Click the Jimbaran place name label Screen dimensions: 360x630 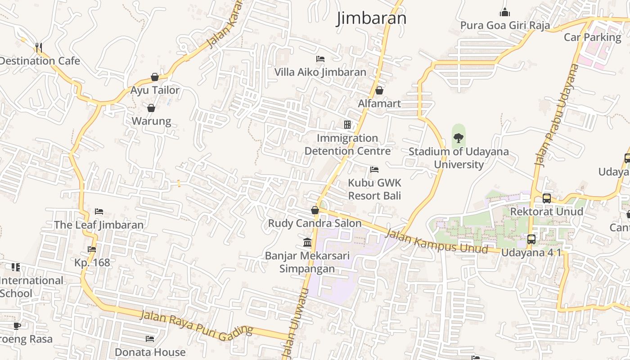(371, 18)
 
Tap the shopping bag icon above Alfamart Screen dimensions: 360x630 (379, 90)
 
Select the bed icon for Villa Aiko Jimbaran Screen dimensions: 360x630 (320, 59)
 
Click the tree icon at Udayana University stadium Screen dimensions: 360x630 (459, 138)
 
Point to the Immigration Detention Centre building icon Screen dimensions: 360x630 (347, 125)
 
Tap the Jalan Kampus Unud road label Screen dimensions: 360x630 (436, 241)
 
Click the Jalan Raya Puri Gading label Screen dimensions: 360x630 (196, 325)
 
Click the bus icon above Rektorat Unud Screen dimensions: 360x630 (546, 198)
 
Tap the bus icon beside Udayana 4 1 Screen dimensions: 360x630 (531, 239)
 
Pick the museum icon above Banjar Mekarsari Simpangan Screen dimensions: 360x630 (308, 243)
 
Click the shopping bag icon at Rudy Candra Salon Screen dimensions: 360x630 (315, 210)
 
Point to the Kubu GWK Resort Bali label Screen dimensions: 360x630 (374, 189)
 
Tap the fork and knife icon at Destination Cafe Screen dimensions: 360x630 (39, 47)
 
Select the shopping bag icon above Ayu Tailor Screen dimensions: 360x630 (155, 77)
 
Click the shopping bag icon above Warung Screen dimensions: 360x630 (151, 108)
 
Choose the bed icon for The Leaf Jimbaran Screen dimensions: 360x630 (99, 211)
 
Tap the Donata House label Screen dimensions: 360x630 (150, 352)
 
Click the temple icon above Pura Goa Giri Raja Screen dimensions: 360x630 (505, 12)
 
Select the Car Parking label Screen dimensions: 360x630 (592, 37)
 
